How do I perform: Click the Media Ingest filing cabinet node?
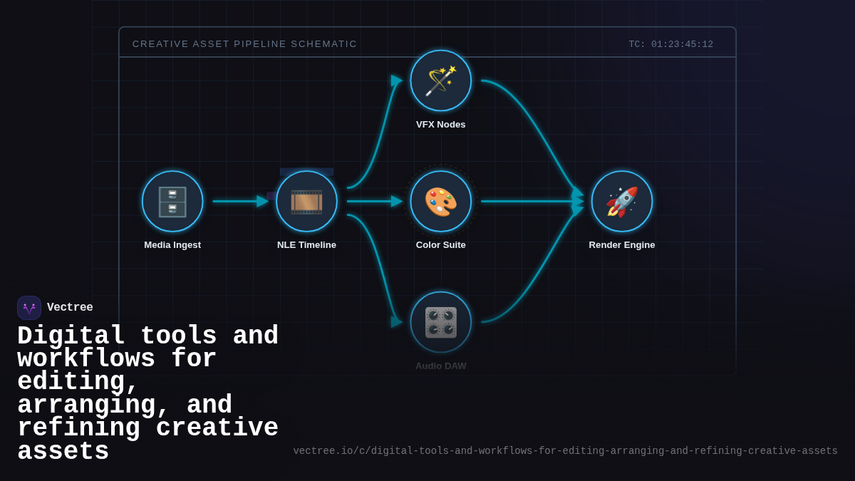(x=172, y=202)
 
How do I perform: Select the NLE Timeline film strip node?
(x=306, y=202)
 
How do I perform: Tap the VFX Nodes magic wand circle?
(x=441, y=81)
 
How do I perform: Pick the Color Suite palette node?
(x=441, y=202)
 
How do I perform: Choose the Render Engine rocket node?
(x=622, y=202)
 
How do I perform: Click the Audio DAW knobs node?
(x=441, y=322)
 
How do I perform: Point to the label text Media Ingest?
(x=172, y=245)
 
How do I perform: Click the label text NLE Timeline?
(x=306, y=245)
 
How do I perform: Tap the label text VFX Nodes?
(x=441, y=125)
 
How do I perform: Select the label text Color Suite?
(x=441, y=245)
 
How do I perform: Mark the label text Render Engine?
(x=622, y=245)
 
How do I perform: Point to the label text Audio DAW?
(x=441, y=366)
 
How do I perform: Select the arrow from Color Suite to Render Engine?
(x=527, y=202)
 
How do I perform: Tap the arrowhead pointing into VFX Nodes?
(x=397, y=81)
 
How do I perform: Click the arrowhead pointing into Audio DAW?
(x=397, y=321)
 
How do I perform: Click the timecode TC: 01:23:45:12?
(x=670, y=44)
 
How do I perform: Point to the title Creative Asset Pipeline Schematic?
(x=244, y=44)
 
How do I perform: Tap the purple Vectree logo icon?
(x=29, y=308)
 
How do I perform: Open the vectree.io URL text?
(x=565, y=451)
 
